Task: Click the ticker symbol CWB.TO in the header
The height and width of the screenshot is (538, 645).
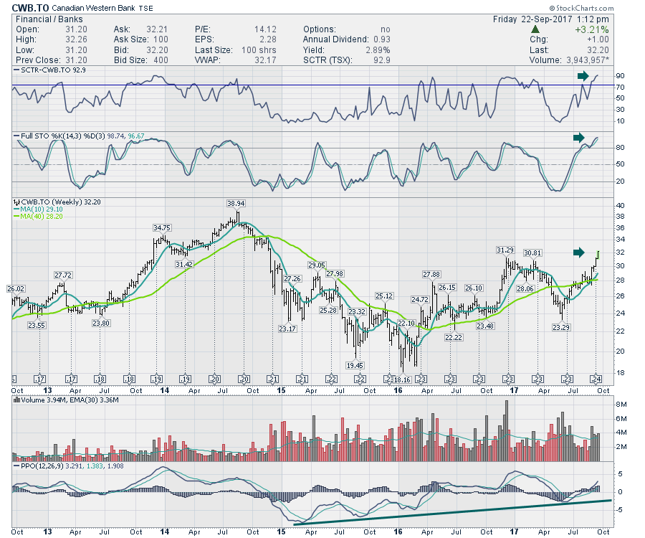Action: pos(30,7)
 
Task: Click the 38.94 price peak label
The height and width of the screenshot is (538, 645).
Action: pos(236,204)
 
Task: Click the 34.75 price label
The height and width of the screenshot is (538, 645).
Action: pos(162,227)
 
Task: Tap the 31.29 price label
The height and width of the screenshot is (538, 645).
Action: pos(506,250)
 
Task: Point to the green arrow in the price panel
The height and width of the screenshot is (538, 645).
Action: pos(579,251)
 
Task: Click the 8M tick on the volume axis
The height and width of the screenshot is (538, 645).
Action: pos(621,405)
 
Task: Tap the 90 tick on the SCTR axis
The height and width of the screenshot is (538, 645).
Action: pos(618,76)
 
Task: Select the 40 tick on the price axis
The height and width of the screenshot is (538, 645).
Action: pos(619,205)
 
